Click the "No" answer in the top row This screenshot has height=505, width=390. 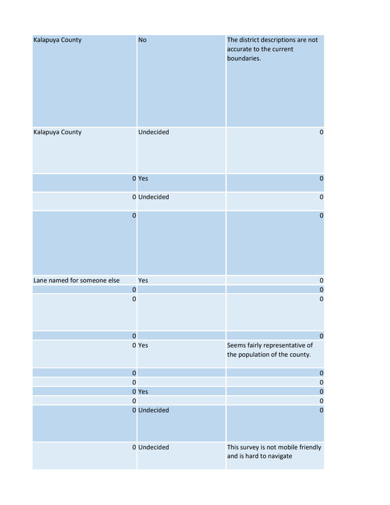point(142,40)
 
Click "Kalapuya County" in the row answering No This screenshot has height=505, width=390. point(57,40)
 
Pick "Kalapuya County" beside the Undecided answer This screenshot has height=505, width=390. point(57,132)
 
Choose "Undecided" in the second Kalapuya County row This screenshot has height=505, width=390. point(154,132)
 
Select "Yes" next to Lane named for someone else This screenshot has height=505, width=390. point(143,281)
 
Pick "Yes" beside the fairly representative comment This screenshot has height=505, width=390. point(143,345)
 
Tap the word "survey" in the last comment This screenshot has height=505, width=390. point(252,447)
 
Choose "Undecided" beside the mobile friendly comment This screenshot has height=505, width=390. point(154,447)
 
